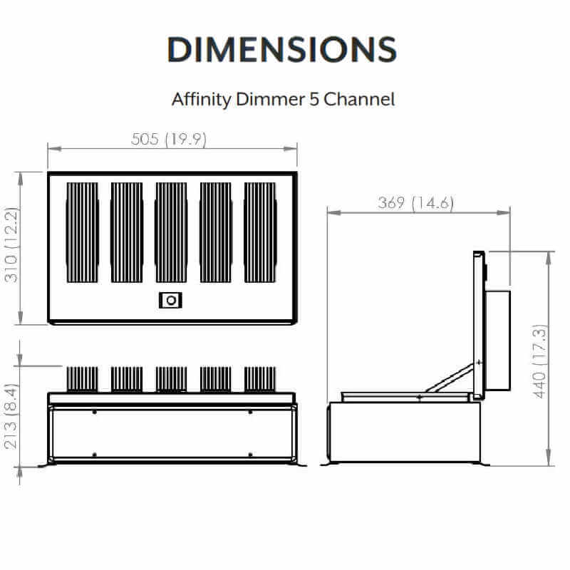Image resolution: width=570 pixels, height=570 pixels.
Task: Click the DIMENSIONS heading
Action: [282, 49]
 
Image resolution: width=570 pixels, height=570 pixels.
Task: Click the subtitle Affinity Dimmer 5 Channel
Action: [283, 98]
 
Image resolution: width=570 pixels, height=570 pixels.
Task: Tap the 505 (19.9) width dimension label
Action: [169, 140]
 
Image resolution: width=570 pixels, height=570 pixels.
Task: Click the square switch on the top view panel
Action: [170, 301]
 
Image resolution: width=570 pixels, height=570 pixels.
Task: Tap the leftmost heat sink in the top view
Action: [82, 232]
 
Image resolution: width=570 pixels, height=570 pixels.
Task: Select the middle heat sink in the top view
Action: [171, 232]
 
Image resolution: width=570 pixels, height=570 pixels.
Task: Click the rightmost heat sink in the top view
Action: [260, 232]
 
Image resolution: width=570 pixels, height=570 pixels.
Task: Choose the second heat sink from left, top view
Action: [127, 232]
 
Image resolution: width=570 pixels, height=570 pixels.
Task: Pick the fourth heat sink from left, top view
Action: [215, 232]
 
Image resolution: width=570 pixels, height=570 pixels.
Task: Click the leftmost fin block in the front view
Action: [82, 379]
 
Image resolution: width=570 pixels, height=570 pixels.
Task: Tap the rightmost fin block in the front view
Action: [260, 379]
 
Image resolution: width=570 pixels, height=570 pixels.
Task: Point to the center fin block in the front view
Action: [171, 379]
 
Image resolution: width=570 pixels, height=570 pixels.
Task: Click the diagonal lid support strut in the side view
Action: [450, 378]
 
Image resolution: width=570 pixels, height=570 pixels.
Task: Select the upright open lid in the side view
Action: [479, 324]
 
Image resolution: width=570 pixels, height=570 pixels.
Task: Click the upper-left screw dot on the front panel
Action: [95, 412]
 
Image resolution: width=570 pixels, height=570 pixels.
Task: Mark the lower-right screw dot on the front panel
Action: [250, 455]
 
